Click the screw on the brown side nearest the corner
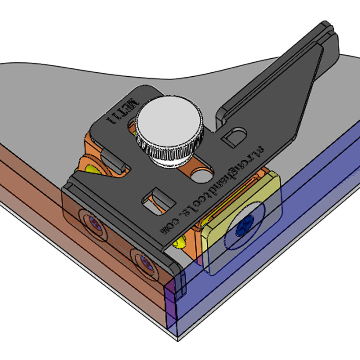point(145,261)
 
